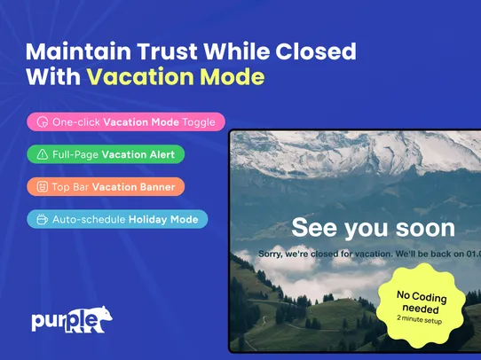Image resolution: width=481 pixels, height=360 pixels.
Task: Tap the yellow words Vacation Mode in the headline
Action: pos(175,77)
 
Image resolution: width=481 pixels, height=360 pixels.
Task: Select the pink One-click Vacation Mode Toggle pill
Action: pos(126,121)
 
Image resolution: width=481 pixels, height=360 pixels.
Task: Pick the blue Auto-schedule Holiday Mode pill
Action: pos(117,218)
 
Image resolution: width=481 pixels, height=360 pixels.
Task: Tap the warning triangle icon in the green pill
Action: pos(43,154)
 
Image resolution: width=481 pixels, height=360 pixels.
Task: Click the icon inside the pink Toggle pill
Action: pos(43,121)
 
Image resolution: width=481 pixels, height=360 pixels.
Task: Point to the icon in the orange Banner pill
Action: pos(43,186)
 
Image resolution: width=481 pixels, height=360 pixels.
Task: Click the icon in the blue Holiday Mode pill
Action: pos(43,218)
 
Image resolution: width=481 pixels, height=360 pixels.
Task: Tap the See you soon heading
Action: pos(373,228)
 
